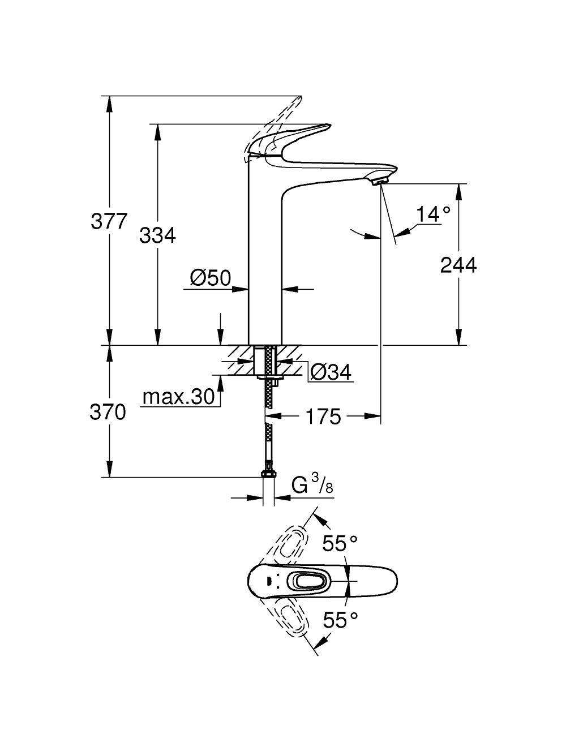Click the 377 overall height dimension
[x=109, y=221]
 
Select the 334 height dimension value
[x=157, y=235]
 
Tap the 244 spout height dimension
[x=458, y=264]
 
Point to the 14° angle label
[x=433, y=214]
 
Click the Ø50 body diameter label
[x=211, y=278]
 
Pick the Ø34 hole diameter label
[x=331, y=372]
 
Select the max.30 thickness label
[x=179, y=397]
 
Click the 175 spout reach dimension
[x=323, y=417]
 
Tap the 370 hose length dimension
[x=108, y=413]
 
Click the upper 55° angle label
[x=340, y=544]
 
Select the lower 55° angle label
[x=340, y=620]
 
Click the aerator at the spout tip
[x=378, y=181]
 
